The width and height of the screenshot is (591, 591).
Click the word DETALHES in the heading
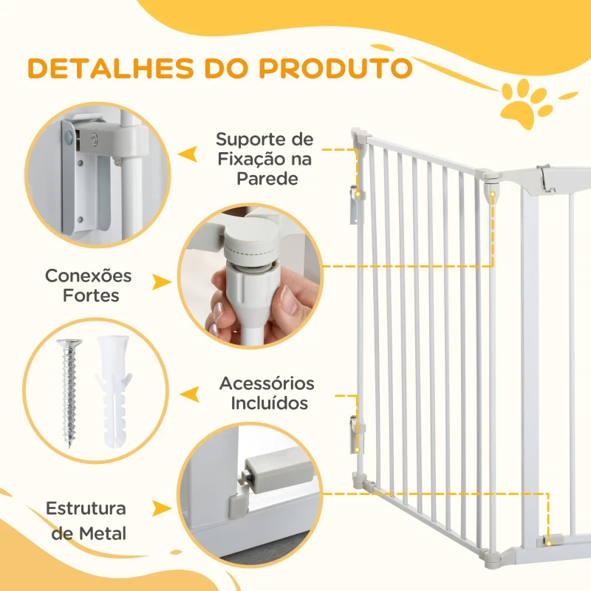(x=111, y=69)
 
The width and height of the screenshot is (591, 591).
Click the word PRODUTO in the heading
(x=335, y=69)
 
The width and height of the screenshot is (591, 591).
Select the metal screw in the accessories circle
(x=69, y=393)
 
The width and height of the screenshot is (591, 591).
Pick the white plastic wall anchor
(x=114, y=392)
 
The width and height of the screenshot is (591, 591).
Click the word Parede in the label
(x=267, y=179)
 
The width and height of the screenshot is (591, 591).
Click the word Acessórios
(x=267, y=383)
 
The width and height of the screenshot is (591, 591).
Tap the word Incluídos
(x=269, y=403)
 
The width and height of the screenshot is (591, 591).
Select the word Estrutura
(x=86, y=508)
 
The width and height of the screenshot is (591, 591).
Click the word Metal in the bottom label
(x=103, y=533)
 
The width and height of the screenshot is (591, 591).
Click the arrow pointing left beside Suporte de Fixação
(x=188, y=154)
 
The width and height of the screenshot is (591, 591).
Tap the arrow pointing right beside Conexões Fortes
(x=162, y=282)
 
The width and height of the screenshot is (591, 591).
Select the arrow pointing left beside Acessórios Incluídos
(x=190, y=394)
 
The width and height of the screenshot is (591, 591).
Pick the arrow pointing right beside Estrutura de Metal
(x=162, y=508)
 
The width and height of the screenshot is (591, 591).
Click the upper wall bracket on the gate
(x=355, y=204)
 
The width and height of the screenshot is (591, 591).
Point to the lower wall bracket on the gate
(x=356, y=434)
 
